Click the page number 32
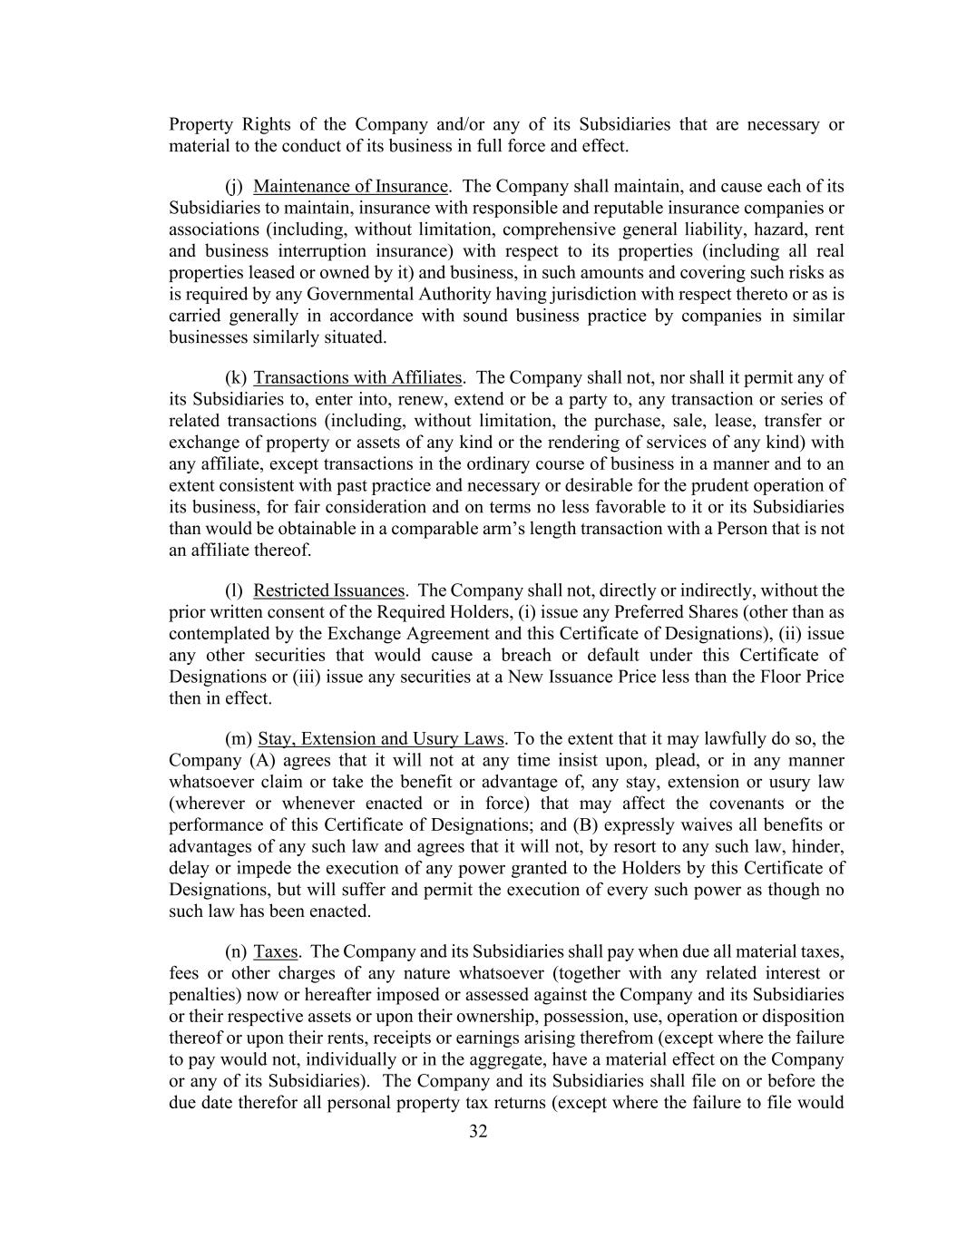[x=478, y=1131]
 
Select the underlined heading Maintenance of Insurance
[x=350, y=187]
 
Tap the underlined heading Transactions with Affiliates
[x=357, y=378]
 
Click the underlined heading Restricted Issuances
[x=328, y=591]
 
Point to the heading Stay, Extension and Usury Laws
[x=380, y=739]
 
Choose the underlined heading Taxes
[x=276, y=952]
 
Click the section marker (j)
[x=234, y=187]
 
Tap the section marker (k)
[x=235, y=378]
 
